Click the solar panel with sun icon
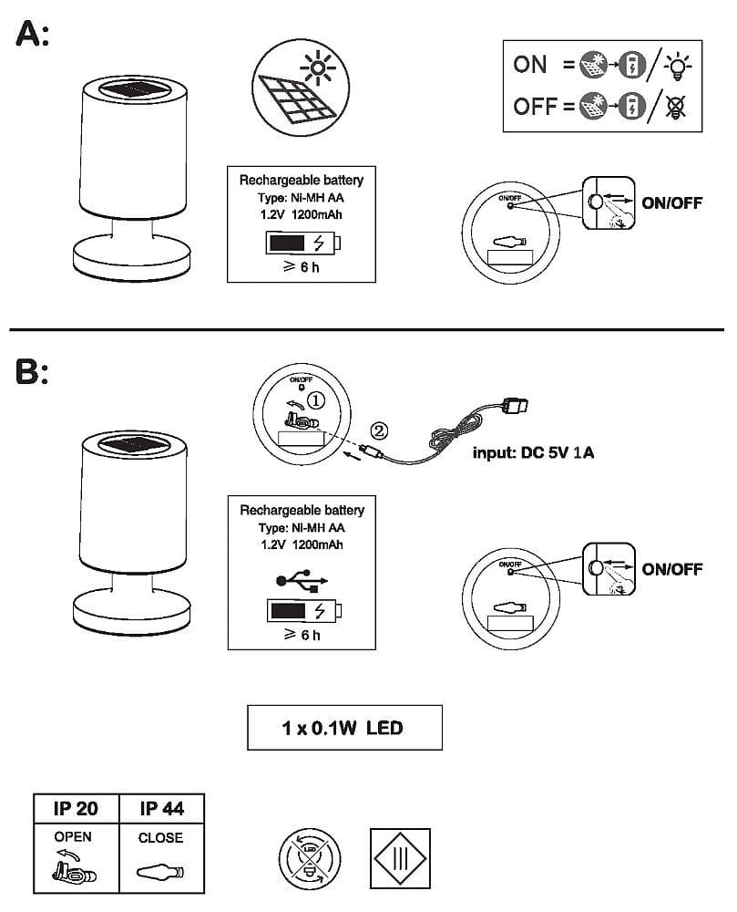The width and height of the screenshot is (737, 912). click(x=301, y=88)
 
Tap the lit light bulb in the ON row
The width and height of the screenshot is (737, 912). click(x=677, y=66)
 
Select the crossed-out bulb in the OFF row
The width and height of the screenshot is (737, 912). click(x=675, y=108)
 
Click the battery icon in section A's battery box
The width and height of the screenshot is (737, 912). click(x=303, y=244)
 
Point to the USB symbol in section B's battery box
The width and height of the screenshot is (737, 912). click(x=302, y=580)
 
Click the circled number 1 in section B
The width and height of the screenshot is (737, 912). click(x=315, y=400)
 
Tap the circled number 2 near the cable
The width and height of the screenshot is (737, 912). click(x=379, y=431)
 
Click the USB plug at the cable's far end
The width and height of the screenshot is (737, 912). click(x=515, y=405)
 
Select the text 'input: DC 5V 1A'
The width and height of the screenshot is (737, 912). click(x=533, y=452)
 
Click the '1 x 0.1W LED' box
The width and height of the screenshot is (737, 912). click(x=344, y=728)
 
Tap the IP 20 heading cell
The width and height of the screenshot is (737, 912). click(x=77, y=808)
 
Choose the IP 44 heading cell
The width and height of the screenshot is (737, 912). click(x=162, y=808)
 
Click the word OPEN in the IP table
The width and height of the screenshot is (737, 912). click(x=73, y=837)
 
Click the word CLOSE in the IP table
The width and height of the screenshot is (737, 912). click(x=160, y=837)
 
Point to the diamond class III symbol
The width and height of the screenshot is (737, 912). click(x=400, y=858)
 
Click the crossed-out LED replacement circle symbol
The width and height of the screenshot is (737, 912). click(x=310, y=858)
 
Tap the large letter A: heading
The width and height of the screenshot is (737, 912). click(x=33, y=34)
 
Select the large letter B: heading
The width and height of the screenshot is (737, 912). click(x=33, y=372)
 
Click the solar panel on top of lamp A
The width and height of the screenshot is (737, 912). click(x=134, y=89)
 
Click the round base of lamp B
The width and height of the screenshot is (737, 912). click(x=132, y=611)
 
